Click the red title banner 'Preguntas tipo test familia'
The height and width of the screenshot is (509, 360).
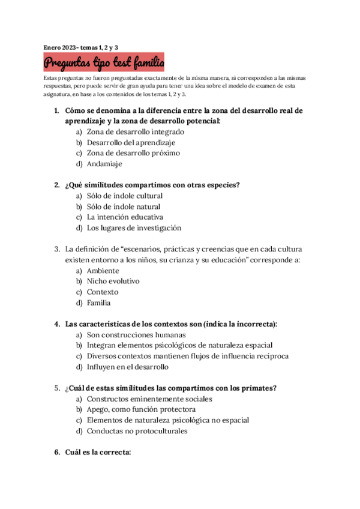(x=104, y=62)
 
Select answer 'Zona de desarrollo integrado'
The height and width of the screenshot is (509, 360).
(x=135, y=132)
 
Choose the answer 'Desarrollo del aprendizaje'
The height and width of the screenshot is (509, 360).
(x=131, y=143)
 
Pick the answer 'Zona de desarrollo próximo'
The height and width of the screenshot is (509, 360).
(x=133, y=153)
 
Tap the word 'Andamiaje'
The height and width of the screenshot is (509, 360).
(x=104, y=164)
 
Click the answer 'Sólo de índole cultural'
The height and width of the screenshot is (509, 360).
(x=125, y=196)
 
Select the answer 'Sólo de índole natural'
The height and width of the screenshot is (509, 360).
(x=124, y=206)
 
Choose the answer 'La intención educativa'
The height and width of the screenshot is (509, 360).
(x=125, y=217)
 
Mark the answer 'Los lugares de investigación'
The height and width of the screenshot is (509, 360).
(x=134, y=228)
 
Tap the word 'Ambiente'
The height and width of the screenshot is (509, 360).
(x=103, y=271)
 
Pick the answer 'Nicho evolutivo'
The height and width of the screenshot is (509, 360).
(x=113, y=281)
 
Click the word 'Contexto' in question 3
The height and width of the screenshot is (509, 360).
(x=103, y=292)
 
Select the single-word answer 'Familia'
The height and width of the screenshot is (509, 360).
(x=98, y=303)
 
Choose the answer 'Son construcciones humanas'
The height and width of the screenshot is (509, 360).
(x=136, y=335)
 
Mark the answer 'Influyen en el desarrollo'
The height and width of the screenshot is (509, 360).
(x=128, y=367)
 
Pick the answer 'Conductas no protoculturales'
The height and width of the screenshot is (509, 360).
(x=137, y=431)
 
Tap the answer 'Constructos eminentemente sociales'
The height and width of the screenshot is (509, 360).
(x=149, y=399)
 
